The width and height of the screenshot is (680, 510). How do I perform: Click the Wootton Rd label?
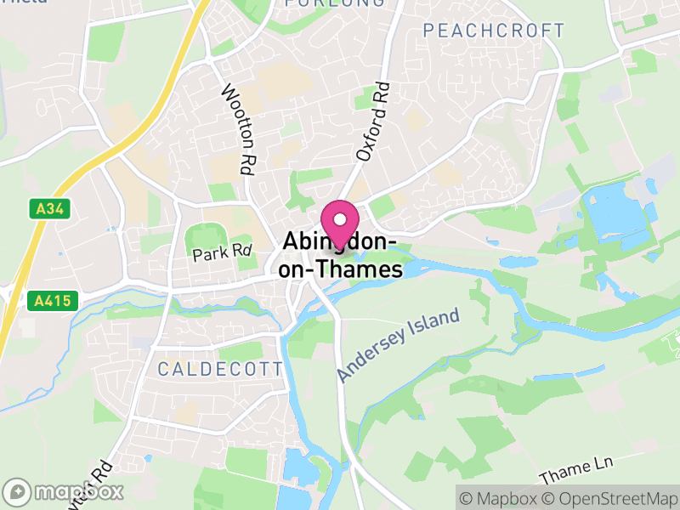tap(238, 130)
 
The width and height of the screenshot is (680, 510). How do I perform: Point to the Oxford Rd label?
tap(372, 122)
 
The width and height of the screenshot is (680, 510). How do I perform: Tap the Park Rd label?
tap(223, 252)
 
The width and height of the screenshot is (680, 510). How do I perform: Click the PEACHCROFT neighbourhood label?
tap(494, 31)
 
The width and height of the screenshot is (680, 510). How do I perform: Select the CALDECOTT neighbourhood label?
tap(220, 369)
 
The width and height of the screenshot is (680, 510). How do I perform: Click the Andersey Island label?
tap(398, 345)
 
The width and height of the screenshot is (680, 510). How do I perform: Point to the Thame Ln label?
tap(576, 469)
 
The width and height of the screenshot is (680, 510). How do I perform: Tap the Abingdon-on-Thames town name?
tap(341, 256)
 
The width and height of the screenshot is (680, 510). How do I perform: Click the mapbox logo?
tap(64, 491)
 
